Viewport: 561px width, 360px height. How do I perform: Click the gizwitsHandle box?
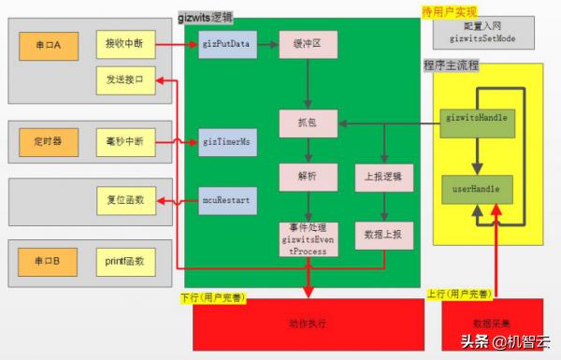pyautogui.click(x=477, y=118)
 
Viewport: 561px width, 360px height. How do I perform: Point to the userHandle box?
pyautogui.click(x=477, y=189)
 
